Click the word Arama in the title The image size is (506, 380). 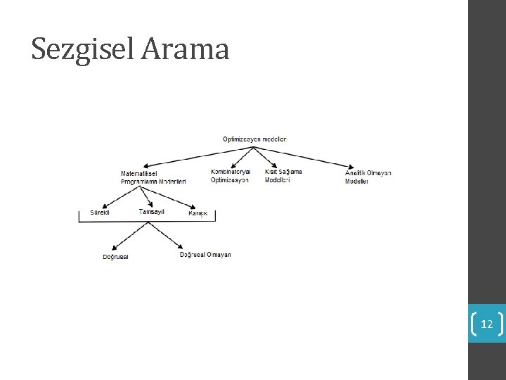click(x=186, y=49)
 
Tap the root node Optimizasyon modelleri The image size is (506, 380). click(x=254, y=139)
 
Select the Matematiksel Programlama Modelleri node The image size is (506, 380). click(x=153, y=177)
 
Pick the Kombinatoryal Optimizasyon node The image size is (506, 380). click(x=231, y=176)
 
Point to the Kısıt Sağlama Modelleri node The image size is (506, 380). click(x=283, y=176)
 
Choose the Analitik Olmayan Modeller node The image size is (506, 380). click(x=368, y=177)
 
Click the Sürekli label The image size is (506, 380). click(x=100, y=213)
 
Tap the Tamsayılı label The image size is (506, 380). click(x=152, y=212)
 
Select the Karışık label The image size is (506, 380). click(x=198, y=213)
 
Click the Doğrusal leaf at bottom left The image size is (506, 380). click(x=116, y=257)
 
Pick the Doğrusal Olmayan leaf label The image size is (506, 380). click(x=205, y=255)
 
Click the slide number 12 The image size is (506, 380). click(x=486, y=324)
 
